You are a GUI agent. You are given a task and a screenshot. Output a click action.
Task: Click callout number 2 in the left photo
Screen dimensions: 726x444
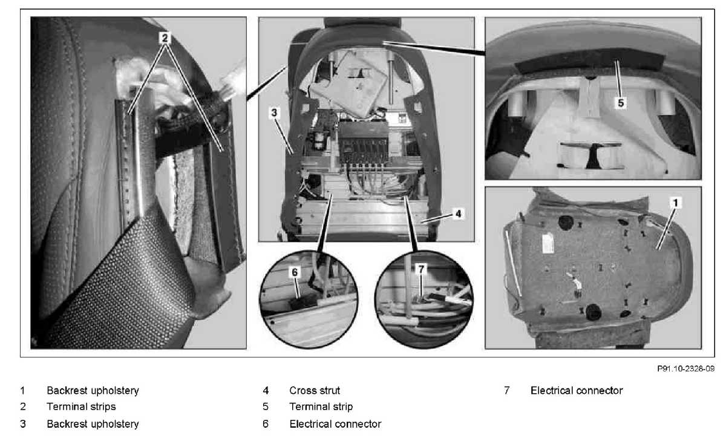(165, 38)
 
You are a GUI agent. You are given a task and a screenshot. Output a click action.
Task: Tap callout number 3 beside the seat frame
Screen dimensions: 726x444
(274, 113)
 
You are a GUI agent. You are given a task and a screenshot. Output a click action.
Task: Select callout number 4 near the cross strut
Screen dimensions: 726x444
(459, 214)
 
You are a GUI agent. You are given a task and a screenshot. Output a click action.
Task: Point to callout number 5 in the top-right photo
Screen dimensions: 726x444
(621, 103)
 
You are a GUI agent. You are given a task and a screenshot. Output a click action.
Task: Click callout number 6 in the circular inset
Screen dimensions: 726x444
(295, 272)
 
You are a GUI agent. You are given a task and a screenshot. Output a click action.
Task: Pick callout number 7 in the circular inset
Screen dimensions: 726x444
(421, 269)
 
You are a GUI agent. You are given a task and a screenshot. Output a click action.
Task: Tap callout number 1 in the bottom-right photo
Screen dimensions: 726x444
(675, 203)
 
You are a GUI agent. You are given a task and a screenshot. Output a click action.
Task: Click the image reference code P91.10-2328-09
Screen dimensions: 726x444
(685, 368)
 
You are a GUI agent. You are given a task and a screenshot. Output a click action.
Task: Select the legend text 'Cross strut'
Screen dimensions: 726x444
(315, 390)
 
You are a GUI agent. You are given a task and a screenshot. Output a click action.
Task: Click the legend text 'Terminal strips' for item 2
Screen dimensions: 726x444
(81, 406)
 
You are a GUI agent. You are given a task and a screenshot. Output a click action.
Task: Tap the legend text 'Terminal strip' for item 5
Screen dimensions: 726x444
(321, 406)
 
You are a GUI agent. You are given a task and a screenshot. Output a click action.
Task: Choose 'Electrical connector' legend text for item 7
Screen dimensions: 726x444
(577, 390)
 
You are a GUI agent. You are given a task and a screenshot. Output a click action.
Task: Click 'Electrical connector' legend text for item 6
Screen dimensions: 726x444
(335, 423)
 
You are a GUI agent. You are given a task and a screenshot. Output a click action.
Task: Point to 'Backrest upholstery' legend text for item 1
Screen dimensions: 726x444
(93, 390)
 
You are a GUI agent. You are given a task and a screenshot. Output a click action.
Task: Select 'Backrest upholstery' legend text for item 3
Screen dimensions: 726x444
(93, 423)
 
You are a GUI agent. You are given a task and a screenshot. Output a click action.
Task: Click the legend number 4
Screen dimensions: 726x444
(266, 390)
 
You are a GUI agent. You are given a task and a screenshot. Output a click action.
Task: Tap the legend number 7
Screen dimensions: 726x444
(506, 390)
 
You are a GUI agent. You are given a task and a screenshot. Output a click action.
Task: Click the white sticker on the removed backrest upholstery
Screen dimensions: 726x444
(548, 243)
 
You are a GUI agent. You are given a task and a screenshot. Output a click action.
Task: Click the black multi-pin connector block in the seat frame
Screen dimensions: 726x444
(364, 143)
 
